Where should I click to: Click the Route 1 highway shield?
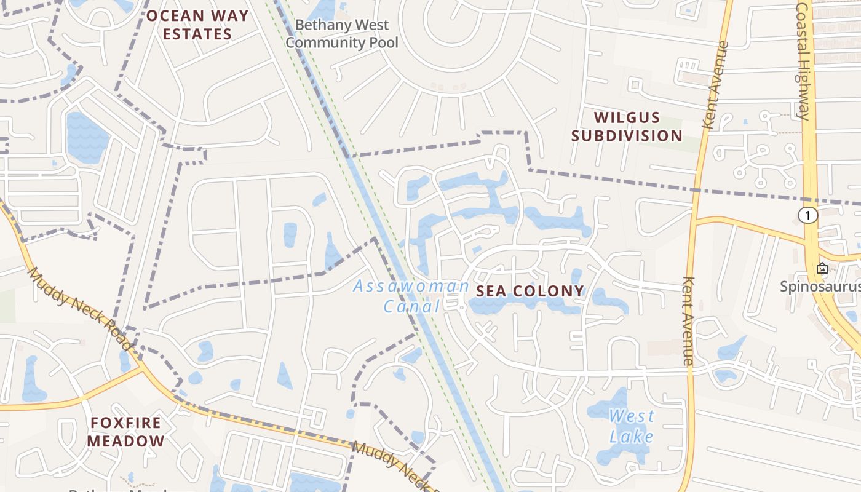point(808,215)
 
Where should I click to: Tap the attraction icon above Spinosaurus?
point(822,268)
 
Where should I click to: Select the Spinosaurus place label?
point(820,287)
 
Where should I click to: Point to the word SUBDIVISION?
point(627,136)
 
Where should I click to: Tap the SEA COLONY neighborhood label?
point(530,291)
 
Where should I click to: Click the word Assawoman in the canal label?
point(411,286)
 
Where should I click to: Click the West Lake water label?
point(631,426)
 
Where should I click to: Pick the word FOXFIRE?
point(125,423)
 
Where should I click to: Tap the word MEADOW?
point(125,441)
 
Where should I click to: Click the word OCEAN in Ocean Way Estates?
point(172,16)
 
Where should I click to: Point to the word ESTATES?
point(197,34)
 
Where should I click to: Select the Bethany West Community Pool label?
point(342,34)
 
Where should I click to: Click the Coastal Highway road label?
point(803,60)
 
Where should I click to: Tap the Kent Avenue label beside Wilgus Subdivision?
point(715,85)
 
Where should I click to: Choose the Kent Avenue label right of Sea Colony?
point(688,321)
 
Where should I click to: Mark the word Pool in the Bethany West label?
point(382,42)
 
